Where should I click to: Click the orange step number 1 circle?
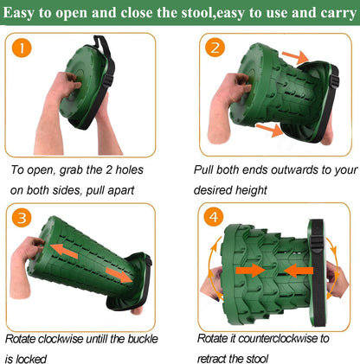tap(22, 48)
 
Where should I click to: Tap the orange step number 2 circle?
tap(215, 48)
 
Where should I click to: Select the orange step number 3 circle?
tap(22, 218)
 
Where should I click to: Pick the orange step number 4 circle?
tap(214, 216)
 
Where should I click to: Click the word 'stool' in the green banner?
tap(196, 13)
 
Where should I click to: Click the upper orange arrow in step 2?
tap(295, 57)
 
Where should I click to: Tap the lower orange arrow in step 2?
tap(270, 130)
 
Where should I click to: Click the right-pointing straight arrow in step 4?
tap(250, 271)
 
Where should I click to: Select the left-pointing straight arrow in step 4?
tap(299, 271)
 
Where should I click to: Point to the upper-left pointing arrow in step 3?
tap(64, 251)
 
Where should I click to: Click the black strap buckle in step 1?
tap(108, 80)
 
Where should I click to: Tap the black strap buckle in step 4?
tap(318, 243)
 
